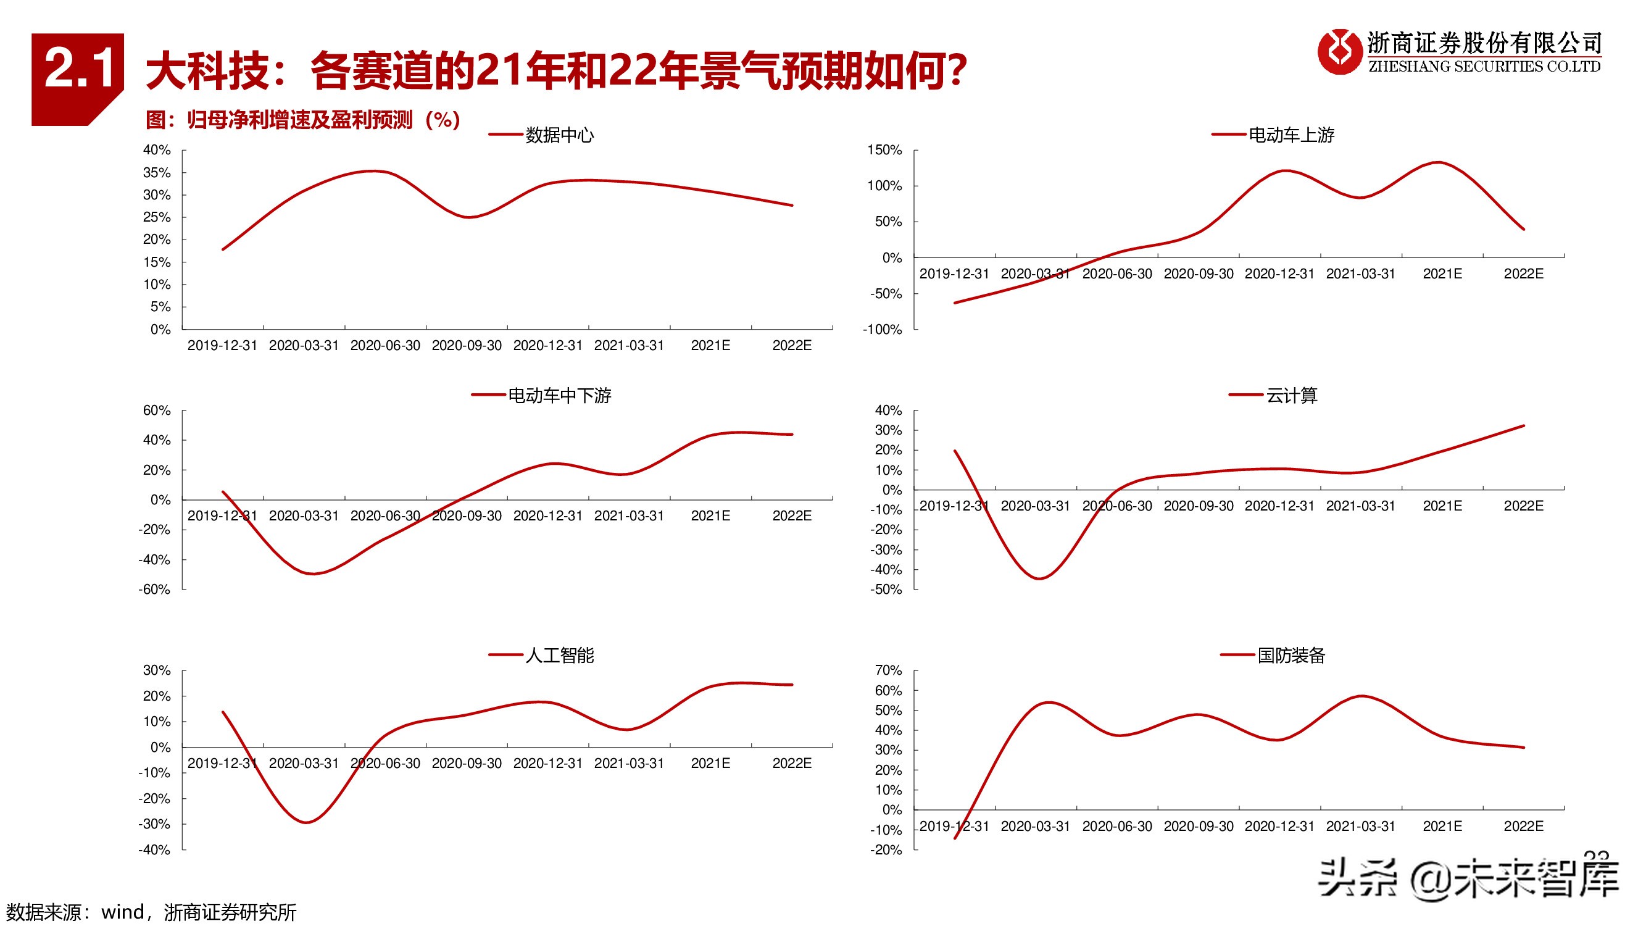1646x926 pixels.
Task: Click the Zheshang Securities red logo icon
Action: tap(1339, 51)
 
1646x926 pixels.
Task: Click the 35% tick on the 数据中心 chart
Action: tap(157, 173)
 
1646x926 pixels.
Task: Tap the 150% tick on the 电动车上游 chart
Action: tap(884, 150)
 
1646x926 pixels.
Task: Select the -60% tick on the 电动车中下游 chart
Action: tap(155, 589)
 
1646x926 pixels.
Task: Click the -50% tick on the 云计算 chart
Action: tap(886, 589)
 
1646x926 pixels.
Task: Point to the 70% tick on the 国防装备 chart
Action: tap(888, 670)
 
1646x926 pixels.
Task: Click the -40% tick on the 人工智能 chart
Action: tap(155, 850)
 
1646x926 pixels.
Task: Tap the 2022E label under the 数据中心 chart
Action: tap(792, 346)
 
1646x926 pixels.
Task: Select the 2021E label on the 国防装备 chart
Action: tap(1442, 827)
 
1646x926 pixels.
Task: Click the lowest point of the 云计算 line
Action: tap(1039, 578)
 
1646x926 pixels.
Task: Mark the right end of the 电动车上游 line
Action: tap(1524, 229)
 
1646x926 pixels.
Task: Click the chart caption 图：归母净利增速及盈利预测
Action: tap(303, 120)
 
